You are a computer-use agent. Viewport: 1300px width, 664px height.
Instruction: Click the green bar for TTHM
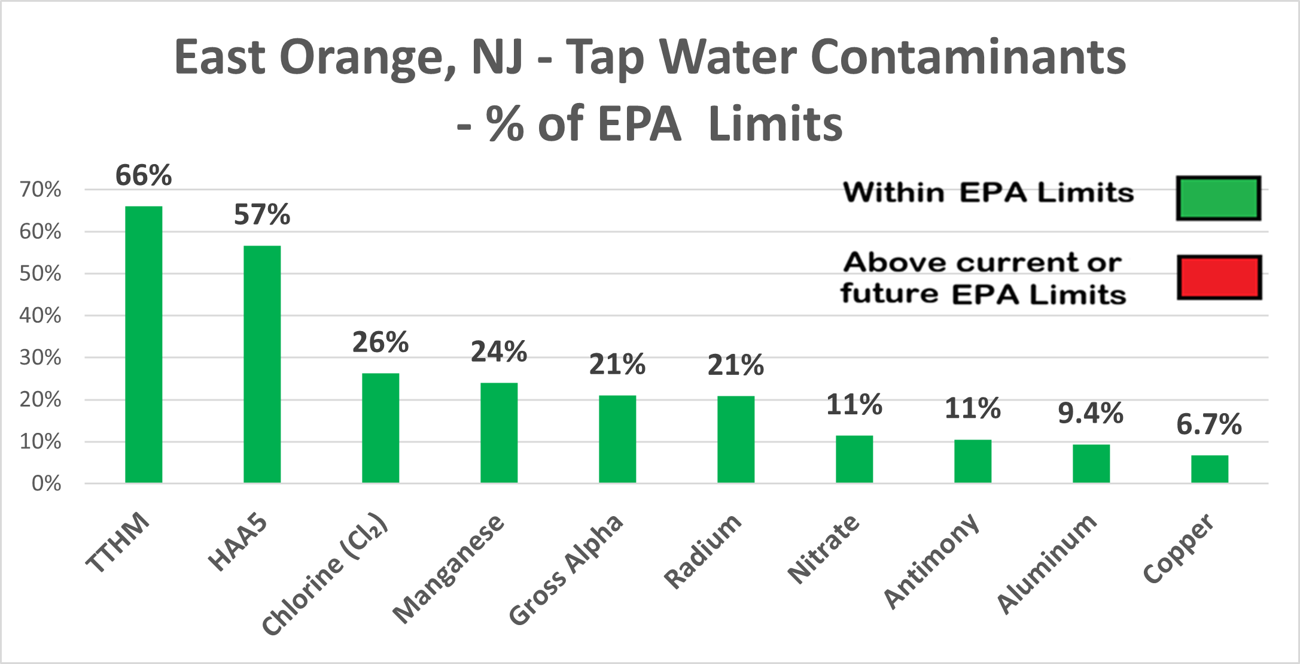[144, 344]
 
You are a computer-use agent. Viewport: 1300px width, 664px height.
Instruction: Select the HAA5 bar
[262, 364]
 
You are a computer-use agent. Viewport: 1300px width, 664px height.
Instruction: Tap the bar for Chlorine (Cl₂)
[380, 427]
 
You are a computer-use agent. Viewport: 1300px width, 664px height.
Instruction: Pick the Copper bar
[1210, 469]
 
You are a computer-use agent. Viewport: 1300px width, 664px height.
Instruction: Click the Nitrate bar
[854, 459]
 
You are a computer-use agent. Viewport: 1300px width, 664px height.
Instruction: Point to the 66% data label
[144, 175]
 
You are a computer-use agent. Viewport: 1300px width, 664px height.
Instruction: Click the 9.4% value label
[1091, 413]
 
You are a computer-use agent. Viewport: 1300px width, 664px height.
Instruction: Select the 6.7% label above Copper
[1209, 425]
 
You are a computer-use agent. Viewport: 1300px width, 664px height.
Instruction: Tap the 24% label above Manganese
[499, 351]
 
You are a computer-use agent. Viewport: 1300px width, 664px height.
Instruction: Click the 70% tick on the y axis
[40, 190]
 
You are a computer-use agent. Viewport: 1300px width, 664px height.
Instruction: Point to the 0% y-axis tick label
[46, 483]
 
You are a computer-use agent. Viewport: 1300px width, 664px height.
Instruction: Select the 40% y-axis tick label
[40, 316]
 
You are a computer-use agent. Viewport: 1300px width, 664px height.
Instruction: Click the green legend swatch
[1219, 198]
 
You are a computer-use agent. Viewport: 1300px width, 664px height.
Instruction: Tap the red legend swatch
[1219, 277]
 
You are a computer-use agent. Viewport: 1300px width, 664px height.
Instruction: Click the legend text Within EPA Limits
[988, 193]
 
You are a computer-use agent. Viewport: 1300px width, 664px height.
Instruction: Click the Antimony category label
[931, 560]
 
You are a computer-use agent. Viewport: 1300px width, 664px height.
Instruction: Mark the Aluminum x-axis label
[1047, 563]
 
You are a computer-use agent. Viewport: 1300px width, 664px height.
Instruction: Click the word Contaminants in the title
[967, 58]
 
